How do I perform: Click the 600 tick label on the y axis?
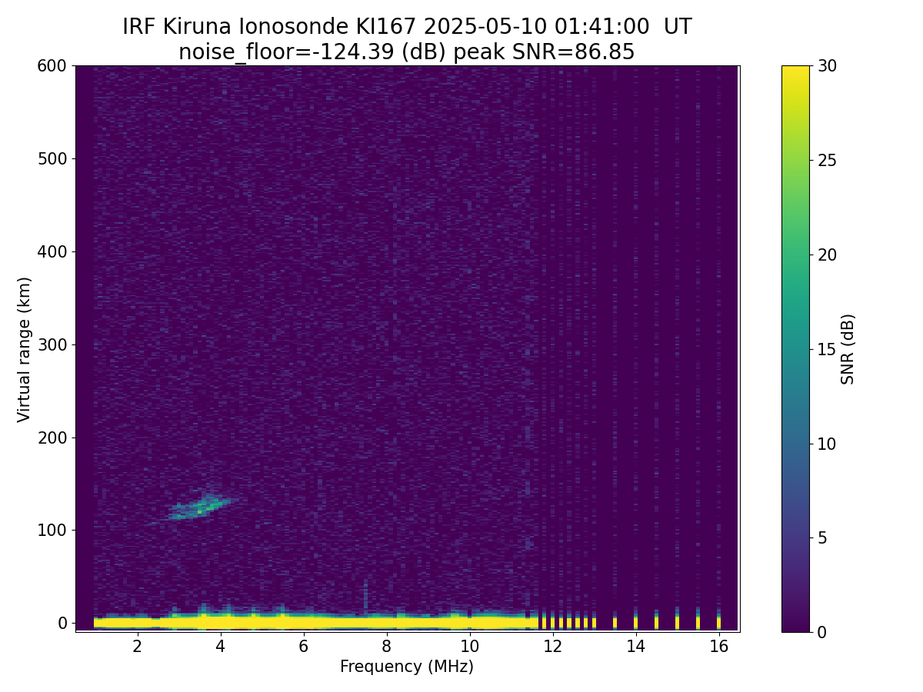52,66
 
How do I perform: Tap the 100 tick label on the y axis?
52,531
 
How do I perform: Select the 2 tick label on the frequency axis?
137,646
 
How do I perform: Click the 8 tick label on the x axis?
386,646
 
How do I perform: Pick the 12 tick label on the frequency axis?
552,646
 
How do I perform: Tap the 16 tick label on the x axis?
719,646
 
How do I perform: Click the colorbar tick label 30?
827,66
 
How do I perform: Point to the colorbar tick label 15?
827,349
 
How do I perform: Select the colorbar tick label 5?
822,537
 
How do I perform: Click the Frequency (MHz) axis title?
407,667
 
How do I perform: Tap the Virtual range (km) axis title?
24,350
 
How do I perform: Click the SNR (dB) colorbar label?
848,350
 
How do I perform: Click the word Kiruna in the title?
197,27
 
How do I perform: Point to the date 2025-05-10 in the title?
485,27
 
